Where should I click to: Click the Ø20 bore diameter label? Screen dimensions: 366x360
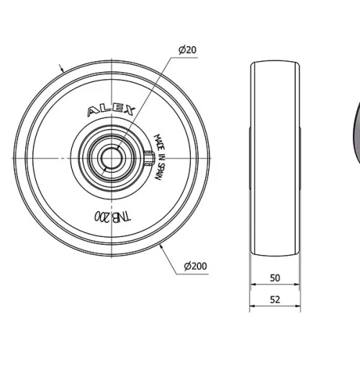click(187, 49)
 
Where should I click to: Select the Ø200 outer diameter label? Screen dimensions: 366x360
click(195, 267)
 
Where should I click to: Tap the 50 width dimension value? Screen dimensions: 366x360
click(274, 277)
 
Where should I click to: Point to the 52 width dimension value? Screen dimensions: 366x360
click(274, 299)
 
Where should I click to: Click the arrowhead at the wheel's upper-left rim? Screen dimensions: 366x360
click(64, 70)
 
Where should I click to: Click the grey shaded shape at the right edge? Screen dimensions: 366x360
click(356, 137)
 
